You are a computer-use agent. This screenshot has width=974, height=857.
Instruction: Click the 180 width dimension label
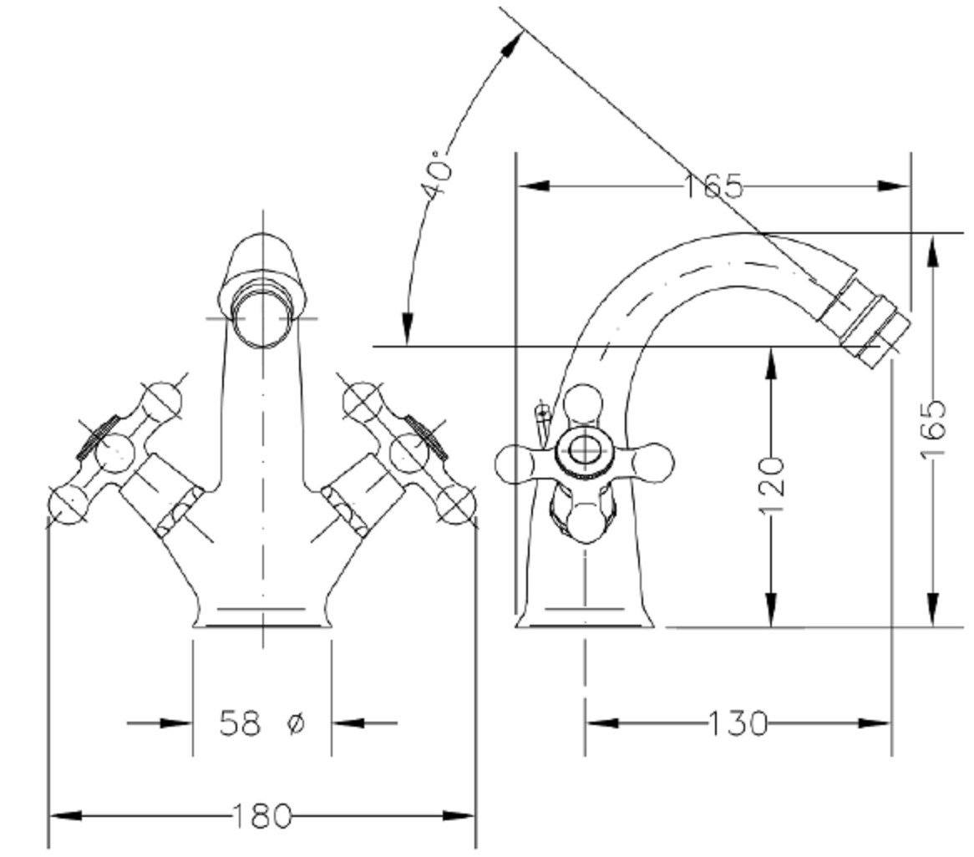(261, 815)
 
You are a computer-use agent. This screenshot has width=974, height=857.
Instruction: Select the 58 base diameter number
(240, 723)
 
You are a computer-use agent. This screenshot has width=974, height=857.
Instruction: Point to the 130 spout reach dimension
(738, 723)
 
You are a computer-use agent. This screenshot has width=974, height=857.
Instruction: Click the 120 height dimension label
(772, 486)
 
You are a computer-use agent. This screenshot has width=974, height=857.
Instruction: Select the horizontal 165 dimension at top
(713, 185)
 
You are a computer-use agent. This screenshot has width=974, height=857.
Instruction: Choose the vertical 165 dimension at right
(932, 428)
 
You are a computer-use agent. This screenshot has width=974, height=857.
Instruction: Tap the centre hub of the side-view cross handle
(583, 449)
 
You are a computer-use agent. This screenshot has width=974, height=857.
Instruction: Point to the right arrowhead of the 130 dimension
(875, 723)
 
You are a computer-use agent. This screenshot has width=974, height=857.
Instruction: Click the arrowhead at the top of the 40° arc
(512, 45)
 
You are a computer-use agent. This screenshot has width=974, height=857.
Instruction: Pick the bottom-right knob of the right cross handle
(457, 505)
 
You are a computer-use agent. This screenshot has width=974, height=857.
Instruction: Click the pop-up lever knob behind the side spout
(543, 410)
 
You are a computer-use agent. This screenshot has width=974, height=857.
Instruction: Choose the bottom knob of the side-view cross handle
(584, 522)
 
